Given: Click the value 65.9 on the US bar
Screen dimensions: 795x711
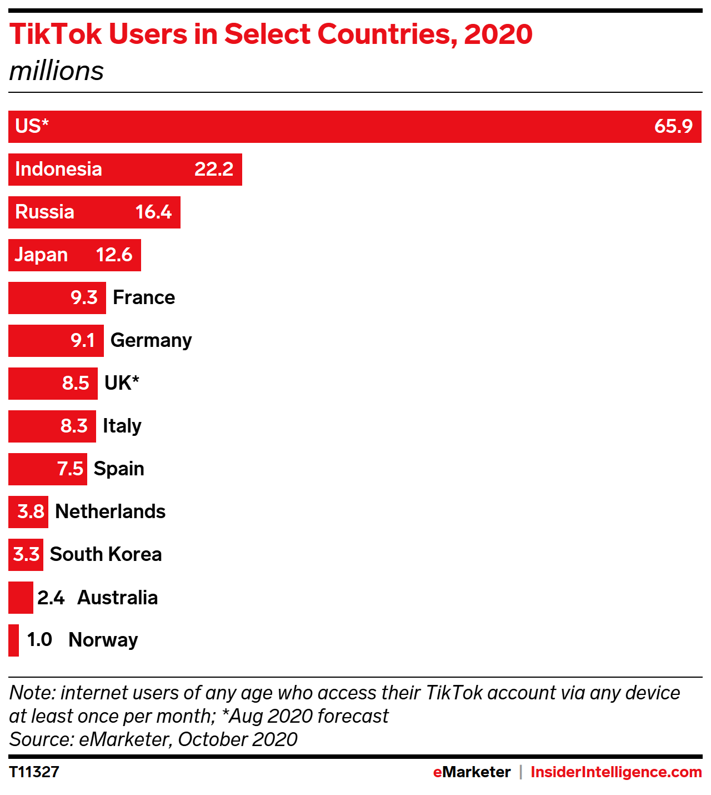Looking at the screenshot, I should pos(673,126).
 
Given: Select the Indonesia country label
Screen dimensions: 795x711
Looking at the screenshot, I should pos(58,169).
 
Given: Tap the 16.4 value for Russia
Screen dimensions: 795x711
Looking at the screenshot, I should pos(153,212).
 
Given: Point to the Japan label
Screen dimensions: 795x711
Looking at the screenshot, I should pos(41,255).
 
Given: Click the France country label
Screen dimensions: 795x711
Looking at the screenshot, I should pos(144,297).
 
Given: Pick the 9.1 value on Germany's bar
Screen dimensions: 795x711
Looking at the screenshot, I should pos(83,340).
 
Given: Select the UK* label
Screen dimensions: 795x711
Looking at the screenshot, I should pos(122,383).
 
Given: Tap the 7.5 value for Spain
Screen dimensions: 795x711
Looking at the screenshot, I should pos(70,469).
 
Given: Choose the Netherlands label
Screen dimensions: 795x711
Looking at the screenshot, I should pos(111,511).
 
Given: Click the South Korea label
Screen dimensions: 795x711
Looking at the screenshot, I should pos(106,554).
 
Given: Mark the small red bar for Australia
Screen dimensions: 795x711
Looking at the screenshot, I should pos(21,598).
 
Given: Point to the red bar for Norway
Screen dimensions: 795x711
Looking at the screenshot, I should pos(13,640).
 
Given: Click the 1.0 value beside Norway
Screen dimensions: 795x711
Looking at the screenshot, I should pos(39,640).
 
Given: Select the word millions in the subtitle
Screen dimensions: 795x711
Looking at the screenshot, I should pos(57,71).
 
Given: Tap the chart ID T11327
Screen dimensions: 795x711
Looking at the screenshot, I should pos(34,772).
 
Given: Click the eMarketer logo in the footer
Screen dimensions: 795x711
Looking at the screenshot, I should pos(472,772).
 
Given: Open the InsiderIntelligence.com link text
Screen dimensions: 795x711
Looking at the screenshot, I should pos(616,772).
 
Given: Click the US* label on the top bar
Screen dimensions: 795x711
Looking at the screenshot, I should pos(32,126).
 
